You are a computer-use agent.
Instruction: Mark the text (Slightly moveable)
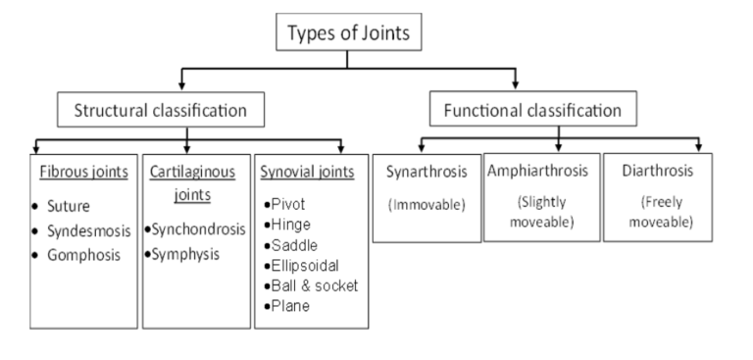(539, 212)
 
